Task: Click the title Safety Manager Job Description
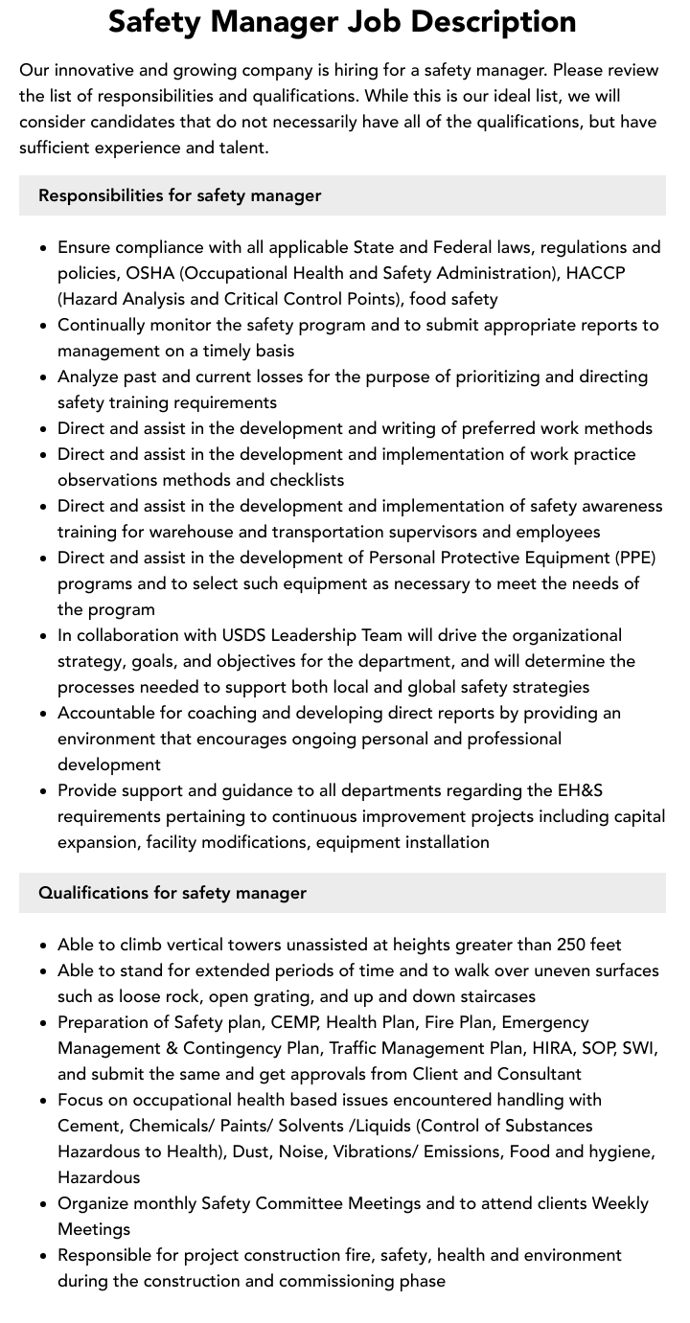(342, 22)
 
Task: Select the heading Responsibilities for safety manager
(179, 195)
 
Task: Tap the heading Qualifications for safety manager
(172, 893)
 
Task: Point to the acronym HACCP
(596, 273)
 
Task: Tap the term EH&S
(580, 790)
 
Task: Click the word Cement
(89, 1126)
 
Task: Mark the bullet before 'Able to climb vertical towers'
(44, 946)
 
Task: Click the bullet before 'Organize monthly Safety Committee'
(44, 1204)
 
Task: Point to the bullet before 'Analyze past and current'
(44, 377)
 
